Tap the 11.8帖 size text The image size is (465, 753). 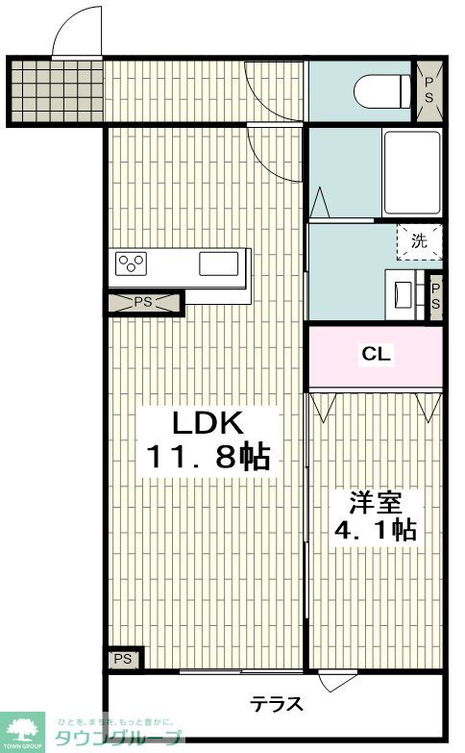click(x=208, y=457)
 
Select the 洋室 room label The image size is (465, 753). click(x=376, y=503)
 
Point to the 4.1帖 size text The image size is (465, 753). click(x=376, y=530)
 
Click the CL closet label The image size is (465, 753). click(x=376, y=354)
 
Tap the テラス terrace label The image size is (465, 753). click(x=277, y=704)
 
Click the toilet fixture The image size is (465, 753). click(x=382, y=91)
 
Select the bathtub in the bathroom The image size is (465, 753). click(x=412, y=173)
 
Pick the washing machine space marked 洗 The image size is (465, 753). click(x=419, y=241)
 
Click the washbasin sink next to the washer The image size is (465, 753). click(x=403, y=293)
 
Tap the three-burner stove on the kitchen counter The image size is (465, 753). click(x=131, y=264)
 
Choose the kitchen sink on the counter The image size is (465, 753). click(x=219, y=264)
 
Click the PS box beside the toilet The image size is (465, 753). click(x=428, y=91)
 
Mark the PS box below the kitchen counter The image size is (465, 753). click(x=144, y=303)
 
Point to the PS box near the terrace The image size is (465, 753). click(x=124, y=659)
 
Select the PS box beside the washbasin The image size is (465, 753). click(x=435, y=298)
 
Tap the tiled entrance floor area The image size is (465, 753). click(x=57, y=91)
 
